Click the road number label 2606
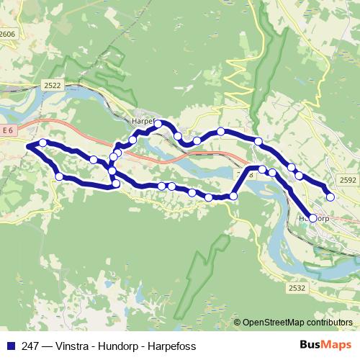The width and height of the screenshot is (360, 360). click(x=7, y=34)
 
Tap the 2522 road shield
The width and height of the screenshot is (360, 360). click(x=52, y=85)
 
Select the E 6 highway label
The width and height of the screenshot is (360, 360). click(x=8, y=130)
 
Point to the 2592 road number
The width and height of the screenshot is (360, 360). click(x=348, y=181)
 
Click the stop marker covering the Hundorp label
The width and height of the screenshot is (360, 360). click(x=312, y=217)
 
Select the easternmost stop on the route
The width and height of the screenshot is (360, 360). click(x=330, y=197)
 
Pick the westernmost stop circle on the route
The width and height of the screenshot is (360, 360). click(x=43, y=143)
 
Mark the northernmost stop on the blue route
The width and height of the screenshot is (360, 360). click(x=158, y=124)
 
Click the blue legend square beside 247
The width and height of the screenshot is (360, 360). click(x=11, y=346)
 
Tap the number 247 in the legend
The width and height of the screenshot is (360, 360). click(x=30, y=346)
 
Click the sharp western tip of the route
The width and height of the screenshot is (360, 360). click(x=27, y=146)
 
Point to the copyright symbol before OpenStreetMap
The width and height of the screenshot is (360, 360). click(x=237, y=322)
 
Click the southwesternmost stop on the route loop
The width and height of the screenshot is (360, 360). click(x=59, y=176)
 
